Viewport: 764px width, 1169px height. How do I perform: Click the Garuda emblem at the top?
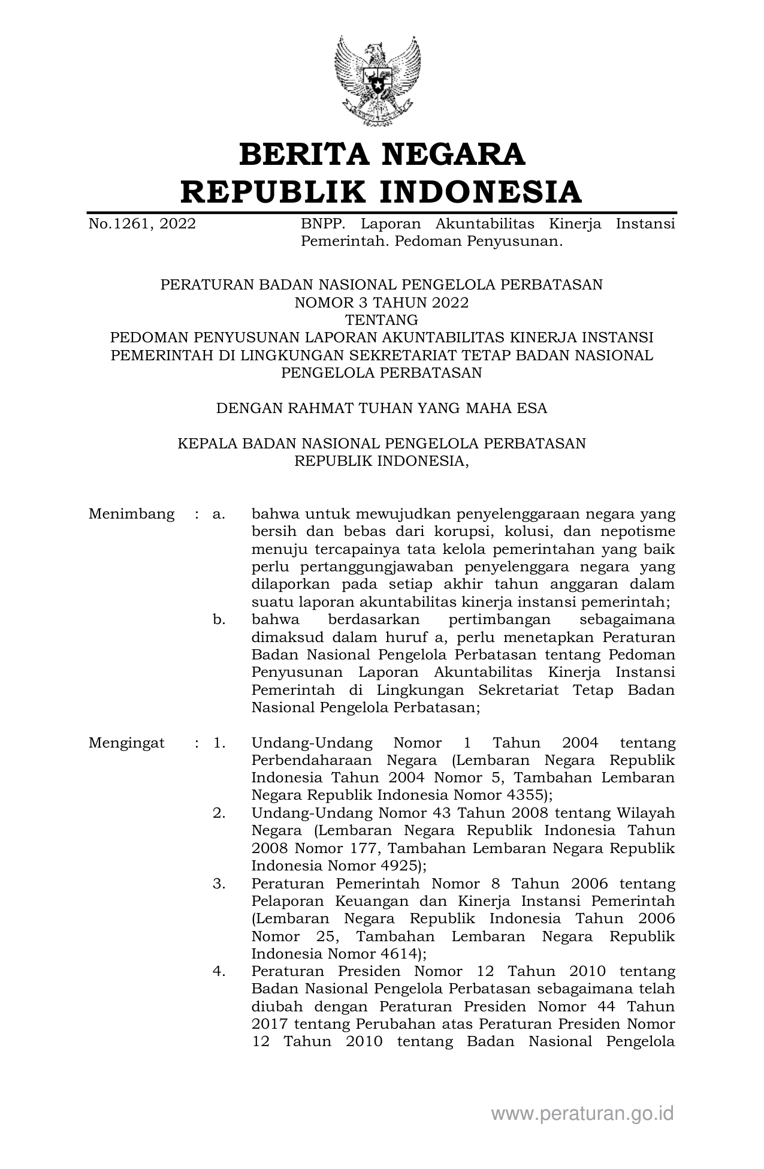pos(377,80)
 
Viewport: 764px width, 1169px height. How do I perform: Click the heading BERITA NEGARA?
pos(382,154)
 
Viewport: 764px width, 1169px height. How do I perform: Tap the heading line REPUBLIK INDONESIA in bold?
pos(382,192)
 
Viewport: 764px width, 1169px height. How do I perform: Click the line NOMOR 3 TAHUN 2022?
pos(382,303)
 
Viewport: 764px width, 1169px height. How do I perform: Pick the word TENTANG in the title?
pos(382,320)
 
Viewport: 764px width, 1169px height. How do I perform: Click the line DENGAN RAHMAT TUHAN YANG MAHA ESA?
pos(382,408)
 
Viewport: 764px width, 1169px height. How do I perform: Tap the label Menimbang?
pos(131,514)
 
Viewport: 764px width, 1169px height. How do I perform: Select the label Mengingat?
pos(126,743)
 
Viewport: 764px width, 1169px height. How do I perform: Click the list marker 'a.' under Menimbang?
pos(219,514)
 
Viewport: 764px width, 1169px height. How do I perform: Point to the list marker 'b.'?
pos(219,619)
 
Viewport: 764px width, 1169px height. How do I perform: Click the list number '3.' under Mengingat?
pos(219,884)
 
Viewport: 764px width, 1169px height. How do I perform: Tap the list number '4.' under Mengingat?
pos(219,971)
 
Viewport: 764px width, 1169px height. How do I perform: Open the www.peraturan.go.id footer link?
pos(582,1114)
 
